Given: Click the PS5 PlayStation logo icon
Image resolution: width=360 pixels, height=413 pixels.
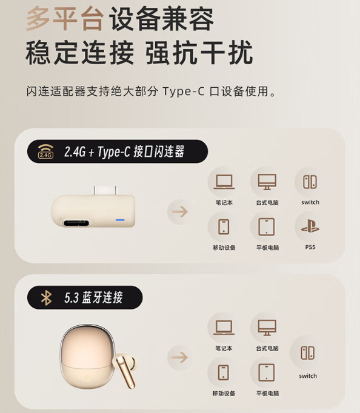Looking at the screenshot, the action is pyautogui.click(x=310, y=226).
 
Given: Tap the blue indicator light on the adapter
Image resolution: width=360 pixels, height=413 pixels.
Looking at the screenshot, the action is pyautogui.click(x=120, y=220).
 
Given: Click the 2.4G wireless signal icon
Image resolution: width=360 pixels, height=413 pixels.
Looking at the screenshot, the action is pyautogui.click(x=45, y=151).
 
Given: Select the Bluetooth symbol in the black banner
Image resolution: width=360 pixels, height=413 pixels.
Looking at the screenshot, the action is pyautogui.click(x=47, y=298).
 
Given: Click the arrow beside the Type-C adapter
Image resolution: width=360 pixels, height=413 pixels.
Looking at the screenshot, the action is pyautogui.click(x=179, y=211).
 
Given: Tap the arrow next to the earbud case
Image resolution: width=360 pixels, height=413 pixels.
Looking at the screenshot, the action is pyautogui.click(x=179, y=357).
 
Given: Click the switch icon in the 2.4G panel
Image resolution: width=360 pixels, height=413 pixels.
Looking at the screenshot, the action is pyautogui.click(x=310, y=182).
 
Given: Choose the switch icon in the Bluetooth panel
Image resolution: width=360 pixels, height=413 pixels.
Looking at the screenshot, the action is pyautogui.click(x=307, y=352).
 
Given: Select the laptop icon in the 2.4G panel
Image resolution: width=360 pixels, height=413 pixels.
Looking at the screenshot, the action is pyautogui.click(x=224, y=182).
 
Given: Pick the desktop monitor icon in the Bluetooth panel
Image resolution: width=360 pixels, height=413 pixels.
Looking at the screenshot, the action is pyautogui.click(x=267, y=328).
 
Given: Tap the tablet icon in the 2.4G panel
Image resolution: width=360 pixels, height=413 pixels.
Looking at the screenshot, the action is pyautogui.click(x=267, y=226).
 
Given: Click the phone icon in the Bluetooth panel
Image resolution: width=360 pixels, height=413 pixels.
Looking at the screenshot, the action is pyautogui.click(x=224, y=372).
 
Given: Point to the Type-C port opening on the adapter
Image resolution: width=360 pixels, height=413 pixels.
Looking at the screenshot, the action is pyautogui.click(x=76, y=223).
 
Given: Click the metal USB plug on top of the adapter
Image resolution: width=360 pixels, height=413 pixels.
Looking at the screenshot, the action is pyautogui.click(x=105, y=190).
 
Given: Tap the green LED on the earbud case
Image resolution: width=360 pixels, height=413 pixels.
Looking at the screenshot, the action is pyautogui.click(x=87, y=378).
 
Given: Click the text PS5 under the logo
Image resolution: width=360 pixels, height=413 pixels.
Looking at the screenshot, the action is pyautogui.click(x=310, y=247).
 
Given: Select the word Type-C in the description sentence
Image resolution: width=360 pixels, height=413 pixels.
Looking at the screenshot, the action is pyautogui.click(x=184, y=91).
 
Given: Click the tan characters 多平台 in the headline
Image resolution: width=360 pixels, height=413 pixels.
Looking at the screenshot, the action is pyautogui.click(x=65, y=18).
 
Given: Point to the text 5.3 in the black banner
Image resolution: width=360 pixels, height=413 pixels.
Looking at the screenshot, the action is pyautogui.click(x=72, y=297).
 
